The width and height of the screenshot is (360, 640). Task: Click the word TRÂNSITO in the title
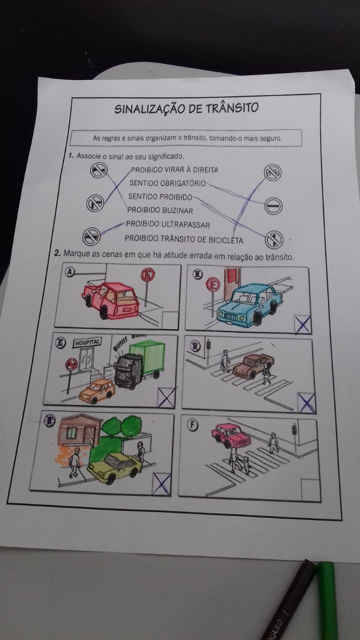231,107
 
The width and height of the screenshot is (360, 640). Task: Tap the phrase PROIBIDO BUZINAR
160,210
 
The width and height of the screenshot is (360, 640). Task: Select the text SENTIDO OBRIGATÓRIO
167,183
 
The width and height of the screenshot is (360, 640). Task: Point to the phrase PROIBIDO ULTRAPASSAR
167,224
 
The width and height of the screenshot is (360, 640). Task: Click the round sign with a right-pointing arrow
273,205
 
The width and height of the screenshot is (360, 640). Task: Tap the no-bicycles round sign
272,172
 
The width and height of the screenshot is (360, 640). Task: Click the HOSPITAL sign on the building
87,342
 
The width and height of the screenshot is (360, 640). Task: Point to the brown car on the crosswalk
253,366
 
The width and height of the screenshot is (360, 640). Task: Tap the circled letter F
192,425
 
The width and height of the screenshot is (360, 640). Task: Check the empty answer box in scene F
310,489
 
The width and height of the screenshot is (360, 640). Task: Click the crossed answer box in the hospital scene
166,397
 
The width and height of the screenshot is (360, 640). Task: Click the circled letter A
69,272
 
